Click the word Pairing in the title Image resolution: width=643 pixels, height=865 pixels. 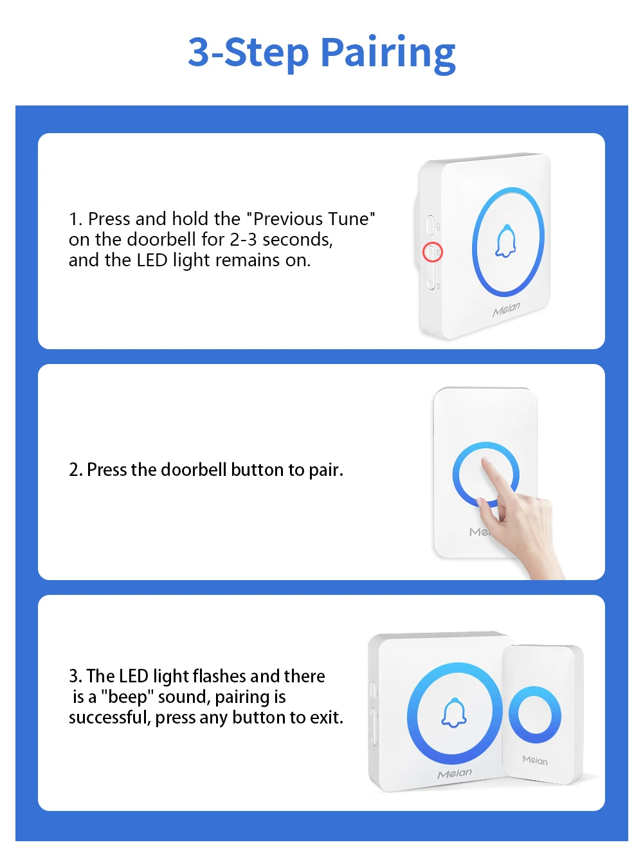pyautogui.click(x=388, y=54)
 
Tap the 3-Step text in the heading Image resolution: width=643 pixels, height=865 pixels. pyautogui.click(x=248, y=53)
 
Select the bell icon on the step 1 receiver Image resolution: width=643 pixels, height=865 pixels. pyautogui.click(x=505, y=241)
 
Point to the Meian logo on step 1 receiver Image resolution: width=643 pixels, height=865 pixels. pyautogui.click(x=506, y=309)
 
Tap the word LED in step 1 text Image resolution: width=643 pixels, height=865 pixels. pyautogui.click(x=152, y=260)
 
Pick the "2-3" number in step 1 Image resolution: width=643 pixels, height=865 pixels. pyautogui.click(x=243, y=239)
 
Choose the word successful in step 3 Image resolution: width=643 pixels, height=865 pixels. pyautogui.click(x=109, y=717)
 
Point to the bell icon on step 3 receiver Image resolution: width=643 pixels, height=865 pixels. pyautogui.click(x=454, y=712)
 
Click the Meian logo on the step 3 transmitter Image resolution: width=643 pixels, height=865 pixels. pyautogui.click(x=535, y=760)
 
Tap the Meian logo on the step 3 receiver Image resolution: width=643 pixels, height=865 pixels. pyautogui.click(x=454, y=774)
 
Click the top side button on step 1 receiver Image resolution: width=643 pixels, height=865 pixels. pyautogui.click(x=430, y=224)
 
